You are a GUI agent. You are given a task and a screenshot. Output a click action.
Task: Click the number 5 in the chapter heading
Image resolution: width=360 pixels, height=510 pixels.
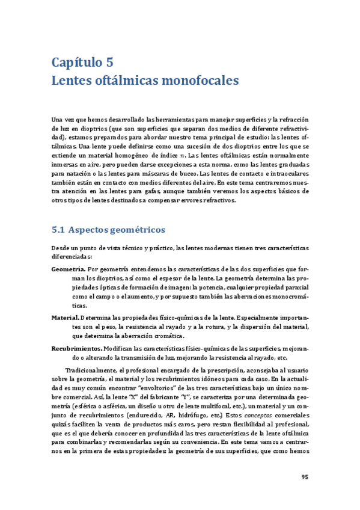point(108,62)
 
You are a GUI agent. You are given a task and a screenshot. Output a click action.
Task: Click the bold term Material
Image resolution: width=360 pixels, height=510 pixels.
point(65,317)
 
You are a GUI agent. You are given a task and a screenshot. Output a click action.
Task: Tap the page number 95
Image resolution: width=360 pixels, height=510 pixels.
point(305,478)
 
